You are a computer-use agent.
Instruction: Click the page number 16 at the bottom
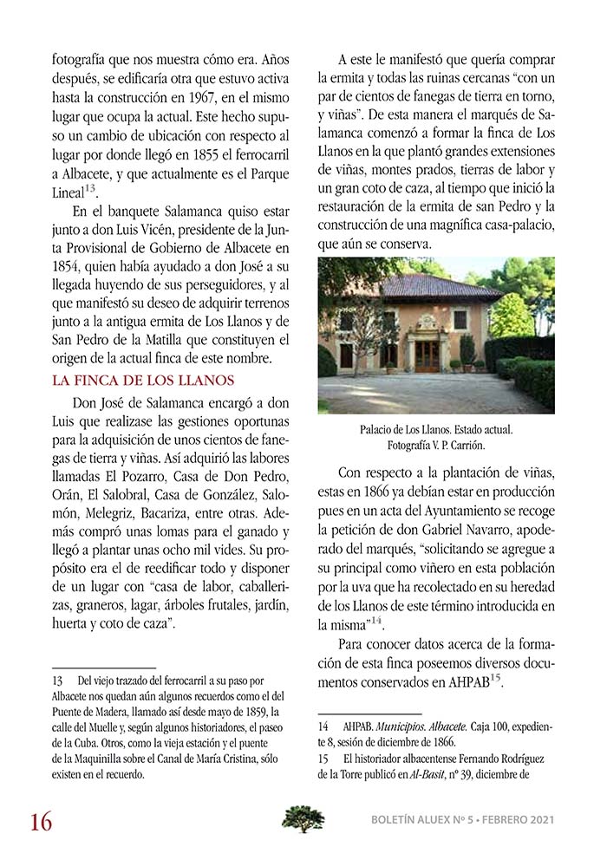click(x=41, y=819)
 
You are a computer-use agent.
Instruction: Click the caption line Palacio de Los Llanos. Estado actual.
click(x=436, y=430)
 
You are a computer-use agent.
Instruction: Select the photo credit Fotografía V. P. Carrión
click(x=436, y=446)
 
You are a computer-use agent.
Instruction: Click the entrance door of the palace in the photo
click(x=427, y=355)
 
